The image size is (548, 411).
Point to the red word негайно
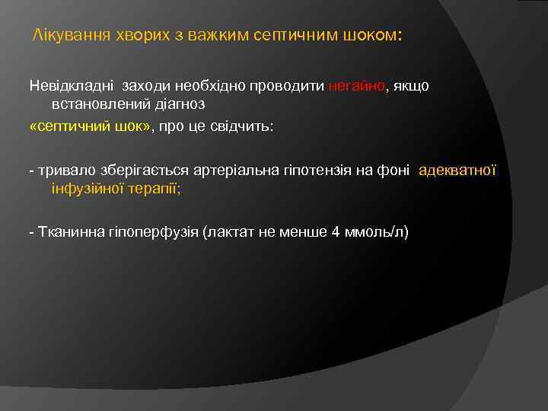click(x=358, y=86)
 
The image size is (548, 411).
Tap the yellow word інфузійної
click(x=84, y=188)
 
